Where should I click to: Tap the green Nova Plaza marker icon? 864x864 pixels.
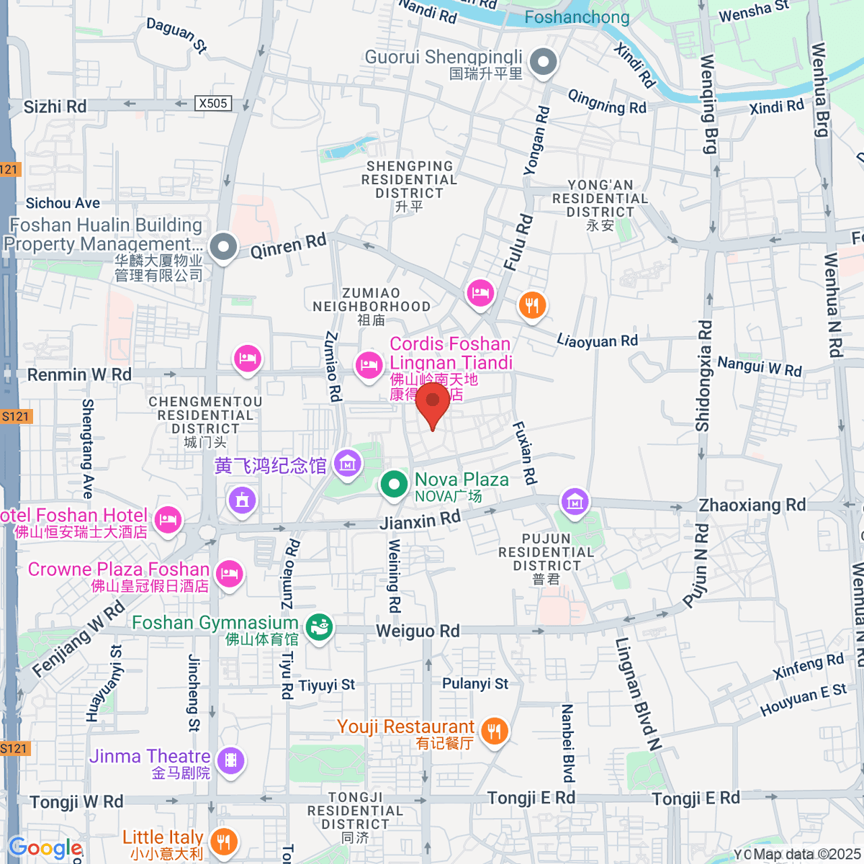tap(394, 485)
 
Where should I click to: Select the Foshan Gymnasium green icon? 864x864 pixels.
tap(318, 627)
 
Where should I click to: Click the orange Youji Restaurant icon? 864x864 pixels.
tap(494, 732)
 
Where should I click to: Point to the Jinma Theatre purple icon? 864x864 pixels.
tap(230, 760)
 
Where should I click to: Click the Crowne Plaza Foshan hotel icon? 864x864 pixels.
tap(229, 574)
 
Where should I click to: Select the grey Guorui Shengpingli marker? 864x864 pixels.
tap(544, 62)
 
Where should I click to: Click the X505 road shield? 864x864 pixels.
tap(213, 103)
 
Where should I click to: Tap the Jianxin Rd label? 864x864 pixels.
tap(420, 520)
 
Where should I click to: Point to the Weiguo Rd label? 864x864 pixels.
tap(418, 631)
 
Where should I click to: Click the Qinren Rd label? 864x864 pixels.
tap(288, 246)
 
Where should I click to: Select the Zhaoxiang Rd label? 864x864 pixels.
tap(752, 505)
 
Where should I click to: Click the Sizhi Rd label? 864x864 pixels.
tap(55, 107)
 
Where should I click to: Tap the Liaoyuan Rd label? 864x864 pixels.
tap(598, 341)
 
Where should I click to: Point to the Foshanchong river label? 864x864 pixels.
tap(577, 17)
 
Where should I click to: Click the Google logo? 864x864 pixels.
tap(45, 848)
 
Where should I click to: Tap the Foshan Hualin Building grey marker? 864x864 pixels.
tap(224, 247)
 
